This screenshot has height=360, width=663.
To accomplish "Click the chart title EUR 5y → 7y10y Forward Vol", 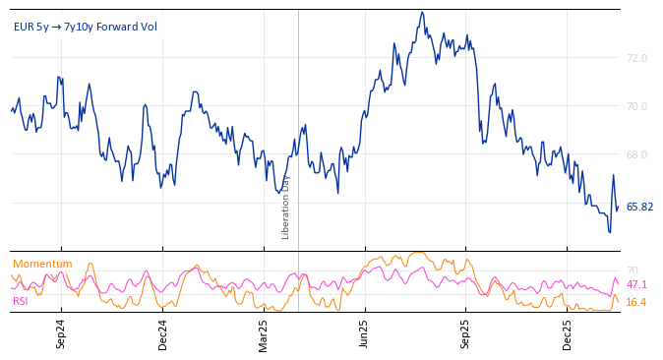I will point(85,27).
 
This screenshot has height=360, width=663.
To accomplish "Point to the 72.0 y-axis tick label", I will point(636,59).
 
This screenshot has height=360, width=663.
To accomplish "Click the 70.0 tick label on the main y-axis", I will point(636,107).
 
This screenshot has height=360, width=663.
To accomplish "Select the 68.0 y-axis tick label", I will point(636,155).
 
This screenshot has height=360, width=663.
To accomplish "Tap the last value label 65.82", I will point(639,208).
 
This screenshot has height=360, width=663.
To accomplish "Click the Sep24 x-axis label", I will point(61,334).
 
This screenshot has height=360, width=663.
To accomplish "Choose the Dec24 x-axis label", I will point(162,334).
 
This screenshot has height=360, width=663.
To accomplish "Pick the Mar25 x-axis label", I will point(264,334).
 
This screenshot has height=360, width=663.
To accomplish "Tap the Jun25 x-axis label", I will point(365,334).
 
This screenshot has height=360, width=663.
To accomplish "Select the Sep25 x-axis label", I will point(466,334).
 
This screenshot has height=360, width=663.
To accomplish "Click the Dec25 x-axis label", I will point(568,334).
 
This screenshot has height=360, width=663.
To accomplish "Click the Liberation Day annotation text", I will point(286,207).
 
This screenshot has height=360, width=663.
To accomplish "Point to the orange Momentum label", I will point(42,265).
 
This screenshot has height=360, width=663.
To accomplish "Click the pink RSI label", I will point(21,301).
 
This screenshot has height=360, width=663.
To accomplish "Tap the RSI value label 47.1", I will point(636,285).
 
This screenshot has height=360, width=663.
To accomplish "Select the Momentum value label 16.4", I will point(636,303).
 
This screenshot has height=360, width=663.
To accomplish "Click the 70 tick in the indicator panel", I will point(632,271).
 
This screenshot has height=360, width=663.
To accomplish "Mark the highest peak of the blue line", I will point(422,12).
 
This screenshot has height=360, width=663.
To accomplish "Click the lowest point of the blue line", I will point(610,232).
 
